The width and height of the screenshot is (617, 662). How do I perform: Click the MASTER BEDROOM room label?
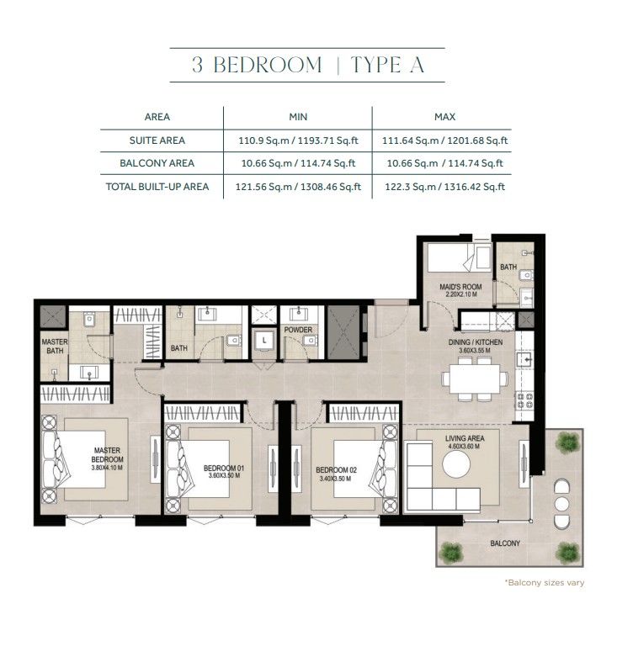108,455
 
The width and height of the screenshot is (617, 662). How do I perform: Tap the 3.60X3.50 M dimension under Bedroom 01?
224,475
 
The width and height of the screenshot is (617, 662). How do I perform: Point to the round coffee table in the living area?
456,464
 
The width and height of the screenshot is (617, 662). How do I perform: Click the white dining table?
475,379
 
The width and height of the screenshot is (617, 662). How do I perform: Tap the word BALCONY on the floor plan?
505,543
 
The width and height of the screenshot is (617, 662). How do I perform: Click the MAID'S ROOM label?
460,287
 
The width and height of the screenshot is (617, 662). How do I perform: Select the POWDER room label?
298,329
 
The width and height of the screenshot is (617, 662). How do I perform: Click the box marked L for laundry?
264,341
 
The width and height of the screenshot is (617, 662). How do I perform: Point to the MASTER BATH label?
55,347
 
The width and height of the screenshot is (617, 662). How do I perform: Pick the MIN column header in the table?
298,117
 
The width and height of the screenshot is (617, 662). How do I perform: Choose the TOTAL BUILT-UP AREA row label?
157,187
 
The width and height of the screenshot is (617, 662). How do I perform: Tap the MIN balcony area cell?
298,163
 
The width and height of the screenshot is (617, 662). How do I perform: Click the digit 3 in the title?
197,65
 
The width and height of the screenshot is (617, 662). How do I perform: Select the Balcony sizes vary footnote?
545,583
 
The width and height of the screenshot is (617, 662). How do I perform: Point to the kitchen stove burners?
524,400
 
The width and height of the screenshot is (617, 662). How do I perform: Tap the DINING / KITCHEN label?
476,342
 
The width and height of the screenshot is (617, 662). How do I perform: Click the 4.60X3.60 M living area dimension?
464,446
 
